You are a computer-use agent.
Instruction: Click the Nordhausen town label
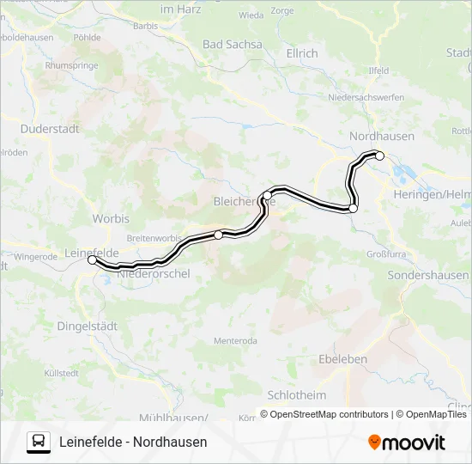(x=382, y=136)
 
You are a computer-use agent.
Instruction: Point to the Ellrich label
(x=300, y=53)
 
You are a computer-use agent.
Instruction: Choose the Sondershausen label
(x=428, y=276)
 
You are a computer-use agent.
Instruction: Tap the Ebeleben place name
(x=342, y=359)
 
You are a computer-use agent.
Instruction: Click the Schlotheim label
(x=297, y=394)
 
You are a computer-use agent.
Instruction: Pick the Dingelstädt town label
(x=86, y=326)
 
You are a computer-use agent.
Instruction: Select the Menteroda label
(x=235, y=341)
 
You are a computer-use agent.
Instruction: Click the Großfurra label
(x=385, y=254)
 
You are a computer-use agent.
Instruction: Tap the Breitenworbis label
(x=153, y=238)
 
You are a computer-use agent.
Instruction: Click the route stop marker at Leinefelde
(x=92, y=259)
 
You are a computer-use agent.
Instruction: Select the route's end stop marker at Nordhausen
(x=380, y=156)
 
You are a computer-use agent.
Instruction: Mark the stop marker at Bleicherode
(x=267, y=196)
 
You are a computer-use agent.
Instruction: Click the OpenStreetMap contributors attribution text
(x=324, y=414)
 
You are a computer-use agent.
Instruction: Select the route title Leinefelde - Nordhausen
(x=133, y=442)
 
